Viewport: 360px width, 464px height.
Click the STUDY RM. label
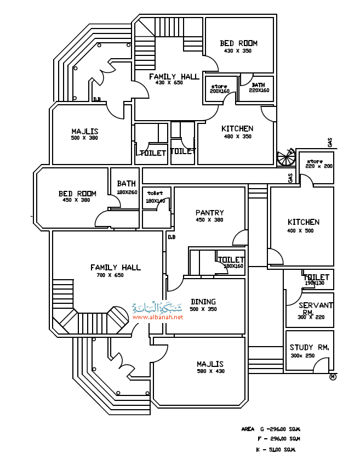coord(308,347)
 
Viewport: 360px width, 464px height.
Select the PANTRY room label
coord(209,212)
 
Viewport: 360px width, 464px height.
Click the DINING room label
coord(203,301)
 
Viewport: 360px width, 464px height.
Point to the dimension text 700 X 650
coord(110,275)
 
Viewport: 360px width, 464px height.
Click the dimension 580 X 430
coord(210,372)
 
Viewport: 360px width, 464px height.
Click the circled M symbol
coord(333,377)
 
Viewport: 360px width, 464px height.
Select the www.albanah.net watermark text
coord(157,318)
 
